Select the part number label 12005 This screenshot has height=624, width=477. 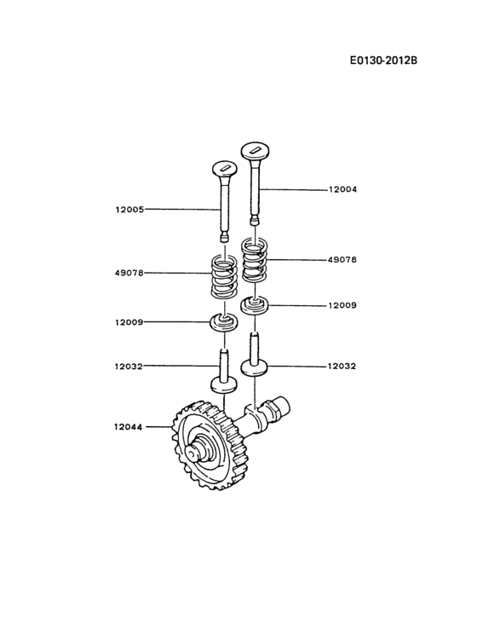point(129,208)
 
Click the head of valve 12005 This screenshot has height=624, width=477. point(225,169)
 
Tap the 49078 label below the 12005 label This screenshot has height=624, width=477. point(129,273)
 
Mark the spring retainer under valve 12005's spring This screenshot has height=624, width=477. point(224,322)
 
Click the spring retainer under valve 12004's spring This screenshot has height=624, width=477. point(256,304)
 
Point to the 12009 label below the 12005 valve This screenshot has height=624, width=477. point(129,322)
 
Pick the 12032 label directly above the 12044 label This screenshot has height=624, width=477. point(129,367)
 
